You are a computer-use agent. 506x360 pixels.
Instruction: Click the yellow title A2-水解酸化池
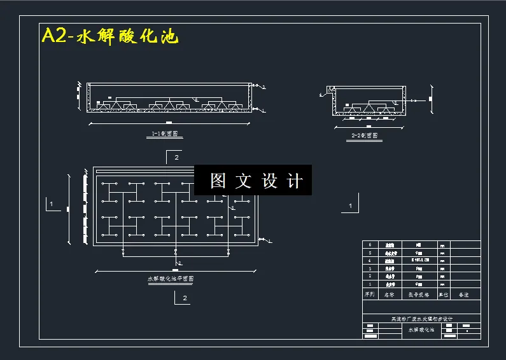coord(110,36)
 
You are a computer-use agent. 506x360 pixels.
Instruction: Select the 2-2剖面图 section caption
coord(365,135)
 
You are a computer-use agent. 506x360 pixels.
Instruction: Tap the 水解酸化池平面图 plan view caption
coord(171,279)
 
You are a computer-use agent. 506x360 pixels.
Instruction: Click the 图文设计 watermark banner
coord(253,181)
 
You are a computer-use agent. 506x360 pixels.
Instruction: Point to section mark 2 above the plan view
coord(176,156)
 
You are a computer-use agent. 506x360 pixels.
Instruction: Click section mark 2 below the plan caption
coord(185,297)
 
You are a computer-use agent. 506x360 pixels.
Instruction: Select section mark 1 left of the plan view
coord(50,205)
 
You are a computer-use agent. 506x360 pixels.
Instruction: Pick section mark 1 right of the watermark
coord(350,206)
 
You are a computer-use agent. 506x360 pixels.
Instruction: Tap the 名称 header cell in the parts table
coord(388,294)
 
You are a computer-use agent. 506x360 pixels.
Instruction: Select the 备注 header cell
coord(464,294)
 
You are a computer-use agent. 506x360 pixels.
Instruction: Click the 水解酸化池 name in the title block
coord(421,329)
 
